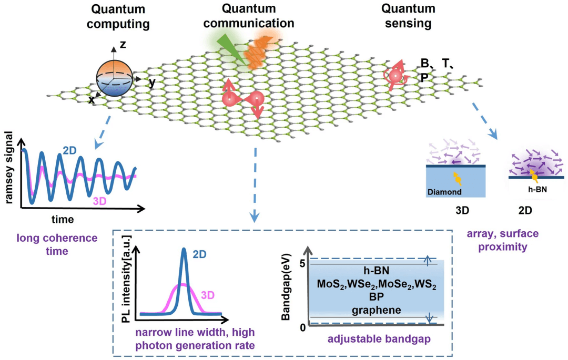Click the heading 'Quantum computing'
[120, 17]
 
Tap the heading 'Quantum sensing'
[408, 16]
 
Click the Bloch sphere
[115, 78]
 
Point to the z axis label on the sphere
[123, 45]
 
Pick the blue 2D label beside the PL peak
[199, 254]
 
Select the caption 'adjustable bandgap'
[379, 339]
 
